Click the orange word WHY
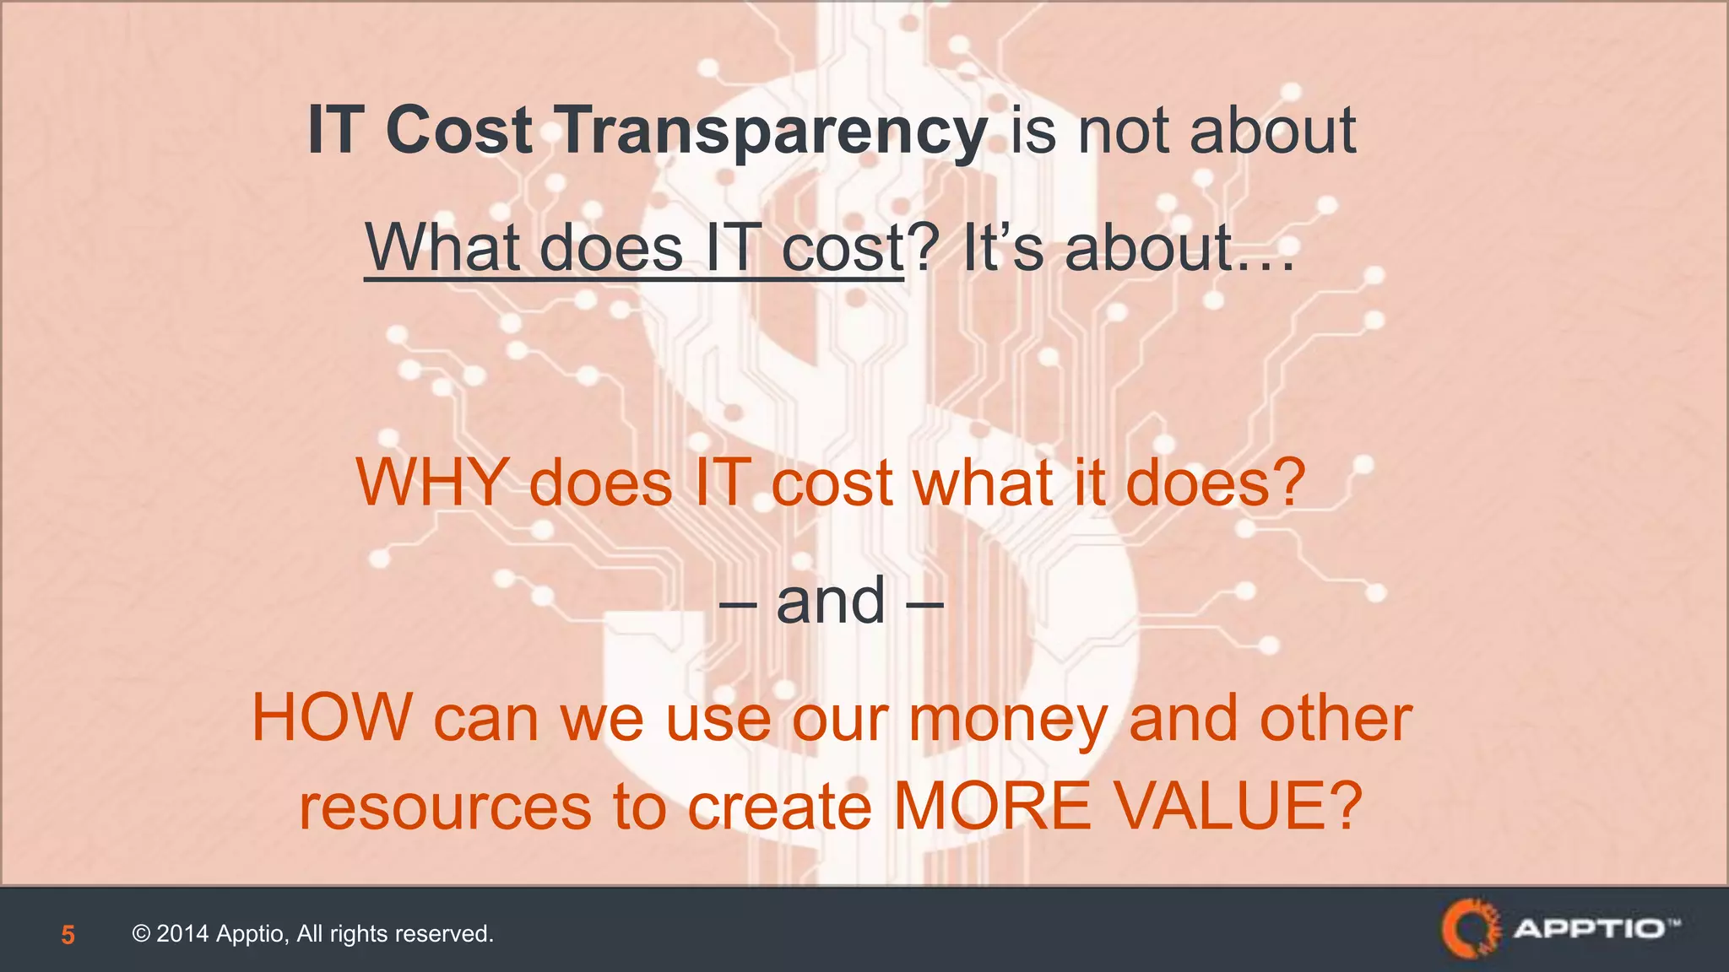pyautogui.click(x=432, y=483)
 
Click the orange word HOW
pyautogui.click(x=331, y=718)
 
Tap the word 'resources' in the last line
pyautogui.click(x=445, y=807)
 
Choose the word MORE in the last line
pyautogui.click(x=993, y=807)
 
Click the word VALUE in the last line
pyautogui.click(x=1221, y=807)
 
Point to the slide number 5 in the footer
pyautogui.click(x=68, y=935)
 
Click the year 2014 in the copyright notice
pyautogui.click(x=182, y=934)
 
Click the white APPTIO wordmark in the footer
pyautogui.click(x=1587, y=929)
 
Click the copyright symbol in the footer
pyautogui.click(x=141, y=934)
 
